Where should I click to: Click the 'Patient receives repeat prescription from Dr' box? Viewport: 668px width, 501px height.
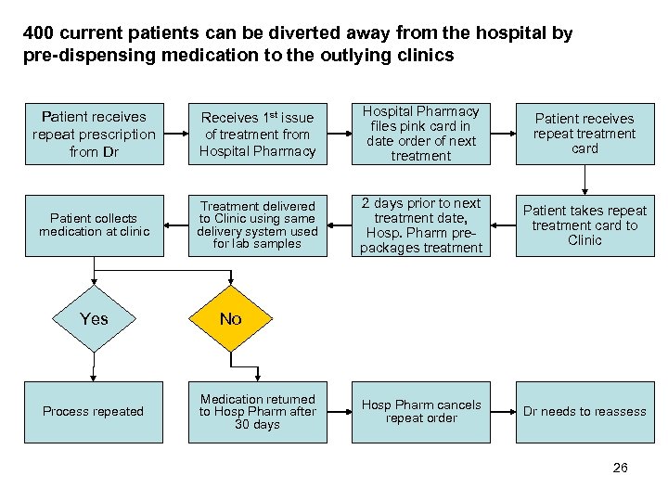(x=94, y=134)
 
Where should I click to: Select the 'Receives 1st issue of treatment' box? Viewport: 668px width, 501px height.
(x=257, y=134)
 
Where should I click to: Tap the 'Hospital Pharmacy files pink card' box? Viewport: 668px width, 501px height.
(x=420, y=134)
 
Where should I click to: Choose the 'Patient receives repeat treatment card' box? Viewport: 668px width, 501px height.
(x=584, y=134)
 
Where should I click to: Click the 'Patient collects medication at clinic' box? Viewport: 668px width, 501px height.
(x=94, y=225)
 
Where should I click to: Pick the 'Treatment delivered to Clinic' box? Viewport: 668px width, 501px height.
(x=257, y=225)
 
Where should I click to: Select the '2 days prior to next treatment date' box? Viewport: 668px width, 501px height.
(x=420, y=225)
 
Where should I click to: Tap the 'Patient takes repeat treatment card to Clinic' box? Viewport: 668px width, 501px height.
(x=584, y=225)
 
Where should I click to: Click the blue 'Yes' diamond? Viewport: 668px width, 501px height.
(x=94, y=319)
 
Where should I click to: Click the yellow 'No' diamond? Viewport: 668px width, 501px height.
(x=231, y=319)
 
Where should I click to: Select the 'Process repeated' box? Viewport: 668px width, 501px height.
(x=94, y=411)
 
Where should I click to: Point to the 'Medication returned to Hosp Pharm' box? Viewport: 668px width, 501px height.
(x=257, y=411)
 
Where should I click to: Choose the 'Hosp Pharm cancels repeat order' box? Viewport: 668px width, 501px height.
(x=420, y=411)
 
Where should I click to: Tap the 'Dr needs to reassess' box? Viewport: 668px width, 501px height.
(x=584, y=411)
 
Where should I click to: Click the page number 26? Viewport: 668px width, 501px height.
(x=620, y=468)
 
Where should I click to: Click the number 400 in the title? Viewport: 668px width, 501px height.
(x=38, y=33)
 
